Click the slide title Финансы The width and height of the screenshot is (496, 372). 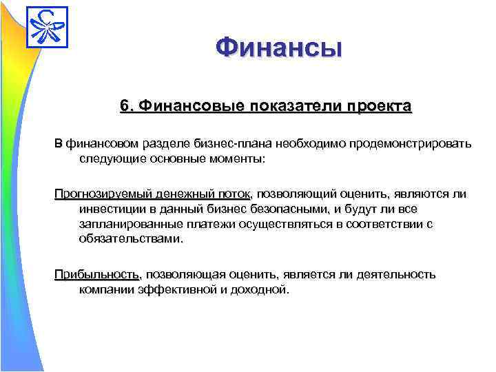click(278, 48)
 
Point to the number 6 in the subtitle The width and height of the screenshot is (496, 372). click(124, 106)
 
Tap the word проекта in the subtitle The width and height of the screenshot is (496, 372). click(380, 106)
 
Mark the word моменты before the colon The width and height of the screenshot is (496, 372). click(236, 158)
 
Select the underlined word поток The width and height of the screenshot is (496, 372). click(235, 194)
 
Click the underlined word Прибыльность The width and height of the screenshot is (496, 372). click(97, 274)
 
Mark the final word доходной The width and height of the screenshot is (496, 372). click(260, 289)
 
